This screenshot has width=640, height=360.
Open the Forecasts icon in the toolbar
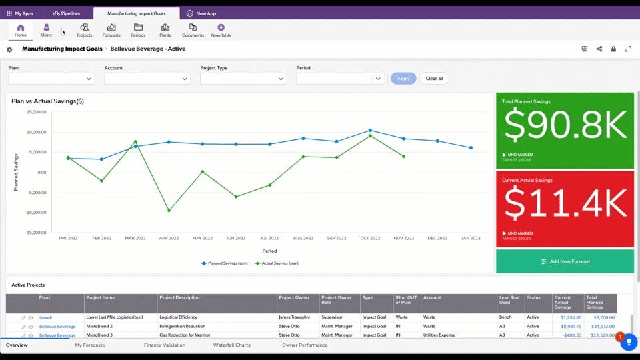tap(111, 30)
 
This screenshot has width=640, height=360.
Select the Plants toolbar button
tap(165, 30)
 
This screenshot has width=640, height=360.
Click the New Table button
tap(221, 30)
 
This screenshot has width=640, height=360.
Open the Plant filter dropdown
tap(51, 79)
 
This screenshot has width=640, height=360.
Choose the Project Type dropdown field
tap(243, 79)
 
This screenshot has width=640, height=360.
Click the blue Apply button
tap(403, 79)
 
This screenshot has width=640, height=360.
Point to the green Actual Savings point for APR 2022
tap(169, 211)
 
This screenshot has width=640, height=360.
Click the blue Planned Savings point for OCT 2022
tap(370, 131)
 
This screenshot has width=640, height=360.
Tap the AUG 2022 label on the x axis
tap(303, 238)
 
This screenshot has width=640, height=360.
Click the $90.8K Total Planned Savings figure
tap(565, 126)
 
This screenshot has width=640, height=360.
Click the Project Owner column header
tap(294, 297)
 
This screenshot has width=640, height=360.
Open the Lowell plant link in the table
tap(45, 318)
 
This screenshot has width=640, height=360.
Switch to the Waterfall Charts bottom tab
tap(231, 345)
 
